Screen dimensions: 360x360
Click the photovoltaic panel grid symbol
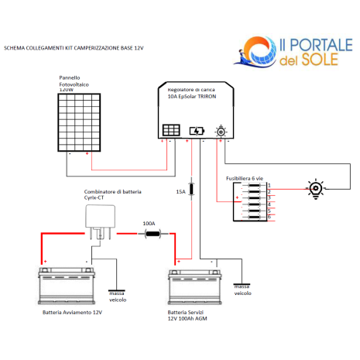coord(79,122)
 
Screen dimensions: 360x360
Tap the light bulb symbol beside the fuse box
coord(316,189)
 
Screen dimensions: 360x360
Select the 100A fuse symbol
coord(153,234)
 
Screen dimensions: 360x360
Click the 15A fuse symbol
coord(191,189)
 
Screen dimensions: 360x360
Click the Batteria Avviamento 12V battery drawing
coord(67,286)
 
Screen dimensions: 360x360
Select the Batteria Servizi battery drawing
coord(195,287)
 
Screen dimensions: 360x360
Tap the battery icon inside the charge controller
coord(197,131)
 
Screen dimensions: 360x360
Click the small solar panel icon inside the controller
coord(171,130)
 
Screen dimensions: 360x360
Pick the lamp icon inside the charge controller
coord(221,131)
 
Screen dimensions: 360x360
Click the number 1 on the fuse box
coord(269,185)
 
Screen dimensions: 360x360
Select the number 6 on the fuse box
coord(269,217)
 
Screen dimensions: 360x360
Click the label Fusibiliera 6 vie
coord(245,178)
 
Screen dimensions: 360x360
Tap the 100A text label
coord(149,224)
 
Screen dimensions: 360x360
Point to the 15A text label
coord(180,192)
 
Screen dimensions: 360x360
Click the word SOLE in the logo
coord(320,60)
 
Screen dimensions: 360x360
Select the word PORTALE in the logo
coord(321,45)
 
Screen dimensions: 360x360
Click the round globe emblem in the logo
coord(259,52)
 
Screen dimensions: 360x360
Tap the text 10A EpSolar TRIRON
coord(192,97)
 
